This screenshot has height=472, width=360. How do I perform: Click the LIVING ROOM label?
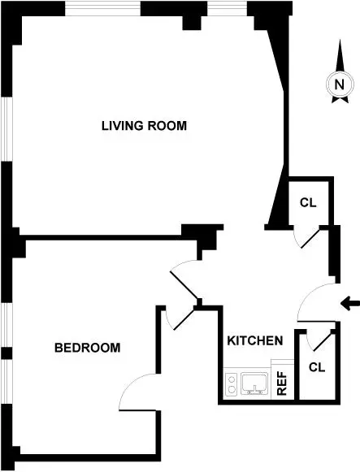coord(144,126)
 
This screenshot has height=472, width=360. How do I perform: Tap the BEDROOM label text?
coord(87,348)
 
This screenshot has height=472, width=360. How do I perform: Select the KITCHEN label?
coord(254,340)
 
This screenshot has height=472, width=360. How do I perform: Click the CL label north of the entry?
coord(307,202)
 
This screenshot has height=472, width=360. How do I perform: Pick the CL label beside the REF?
coord(316,366)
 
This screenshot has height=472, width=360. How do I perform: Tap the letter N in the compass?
coord(339,84)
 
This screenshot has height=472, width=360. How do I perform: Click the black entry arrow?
coord(349,304)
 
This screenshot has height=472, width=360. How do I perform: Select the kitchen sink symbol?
coord(255,383)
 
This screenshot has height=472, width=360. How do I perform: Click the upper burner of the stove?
coord(232,379)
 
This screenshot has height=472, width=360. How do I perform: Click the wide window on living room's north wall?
coord(103,8)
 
